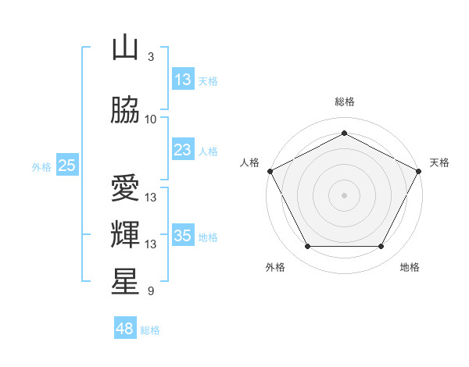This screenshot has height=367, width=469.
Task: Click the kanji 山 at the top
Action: [x=125, y=47]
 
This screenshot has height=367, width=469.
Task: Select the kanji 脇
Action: [x=125, y=109]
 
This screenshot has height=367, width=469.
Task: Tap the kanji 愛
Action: [x=125, y=187]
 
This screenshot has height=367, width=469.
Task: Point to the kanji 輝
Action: [x=125, y=234]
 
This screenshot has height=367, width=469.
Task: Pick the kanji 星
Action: [x=125, y=281]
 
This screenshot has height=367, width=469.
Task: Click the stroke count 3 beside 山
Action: [x=151, y=56]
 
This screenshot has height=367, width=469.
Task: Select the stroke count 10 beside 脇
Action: [x=150, y=119]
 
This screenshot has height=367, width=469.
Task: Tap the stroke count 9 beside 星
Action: [x=151, y=290]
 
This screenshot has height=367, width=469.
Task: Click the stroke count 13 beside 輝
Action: [x=150, y=244]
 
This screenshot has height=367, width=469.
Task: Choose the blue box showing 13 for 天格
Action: [x=183, y=79]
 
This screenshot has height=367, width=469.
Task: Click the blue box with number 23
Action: [x=183, y=149]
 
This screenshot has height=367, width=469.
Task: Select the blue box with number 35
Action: [x=183, y=234]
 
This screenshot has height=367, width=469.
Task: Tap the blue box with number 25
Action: [x=67, y=165]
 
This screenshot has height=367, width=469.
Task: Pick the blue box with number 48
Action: [x=125, y=327]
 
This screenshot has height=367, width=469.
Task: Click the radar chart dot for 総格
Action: [x=344, y=133]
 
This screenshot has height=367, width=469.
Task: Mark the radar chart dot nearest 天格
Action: [x=418, y=171]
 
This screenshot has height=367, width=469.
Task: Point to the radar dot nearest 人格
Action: [x=270, y=171]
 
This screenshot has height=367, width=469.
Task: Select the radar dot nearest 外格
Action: [x=308, y=246]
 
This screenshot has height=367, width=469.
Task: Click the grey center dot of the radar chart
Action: [x=344, y=195]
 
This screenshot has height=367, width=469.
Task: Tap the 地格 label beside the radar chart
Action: [x=410, y=267]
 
